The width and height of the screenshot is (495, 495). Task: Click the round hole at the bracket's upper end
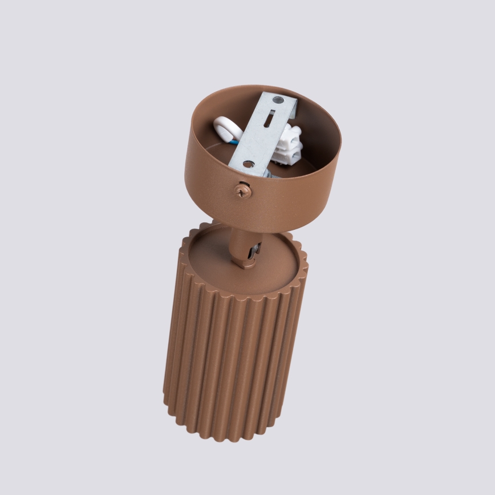(x=277, y=101)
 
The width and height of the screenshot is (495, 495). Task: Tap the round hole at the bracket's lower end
(x=249, y=164)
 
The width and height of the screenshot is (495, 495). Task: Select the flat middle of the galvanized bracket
(x=259, y=140)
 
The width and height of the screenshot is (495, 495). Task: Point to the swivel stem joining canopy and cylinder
(x=242, y=242)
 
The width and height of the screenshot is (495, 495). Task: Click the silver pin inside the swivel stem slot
(x=255, y=249)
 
